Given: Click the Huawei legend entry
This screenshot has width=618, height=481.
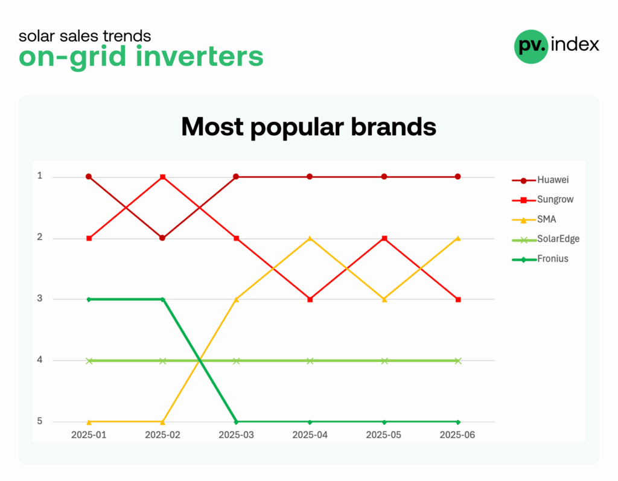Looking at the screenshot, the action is [540, 180].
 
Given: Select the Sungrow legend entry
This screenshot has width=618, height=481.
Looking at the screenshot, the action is [543, 200].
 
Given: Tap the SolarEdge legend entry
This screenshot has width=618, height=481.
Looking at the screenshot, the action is [546, 240].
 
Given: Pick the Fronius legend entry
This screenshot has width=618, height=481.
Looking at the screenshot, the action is [540, 259].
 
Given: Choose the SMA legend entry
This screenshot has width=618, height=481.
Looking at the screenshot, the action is [534, 220].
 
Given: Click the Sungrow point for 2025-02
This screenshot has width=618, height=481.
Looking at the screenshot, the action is [163, 177].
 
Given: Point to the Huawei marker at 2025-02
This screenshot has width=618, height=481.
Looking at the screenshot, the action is [162, 238].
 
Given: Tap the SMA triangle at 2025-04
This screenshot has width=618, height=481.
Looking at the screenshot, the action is [310, 238].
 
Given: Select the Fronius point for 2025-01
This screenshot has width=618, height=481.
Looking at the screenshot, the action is [89, 299].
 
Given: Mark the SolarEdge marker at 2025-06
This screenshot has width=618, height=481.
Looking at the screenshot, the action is [458, 361].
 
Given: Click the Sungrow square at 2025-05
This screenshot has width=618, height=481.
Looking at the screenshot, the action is [384, 238].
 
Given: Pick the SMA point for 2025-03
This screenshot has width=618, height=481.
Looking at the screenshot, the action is [237, 299].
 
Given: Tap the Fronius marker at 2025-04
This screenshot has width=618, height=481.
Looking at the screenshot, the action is [310, 422].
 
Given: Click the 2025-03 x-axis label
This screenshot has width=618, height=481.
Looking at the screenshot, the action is [236, 435].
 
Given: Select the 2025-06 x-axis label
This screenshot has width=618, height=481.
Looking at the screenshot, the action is [457, 435].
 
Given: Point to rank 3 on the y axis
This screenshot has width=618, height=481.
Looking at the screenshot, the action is [40, 299].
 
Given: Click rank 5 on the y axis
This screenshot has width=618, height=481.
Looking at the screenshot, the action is [40, 421].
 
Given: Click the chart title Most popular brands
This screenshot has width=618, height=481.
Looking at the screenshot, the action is [308, 127].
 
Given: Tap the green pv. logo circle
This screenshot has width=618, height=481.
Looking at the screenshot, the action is [531, 46].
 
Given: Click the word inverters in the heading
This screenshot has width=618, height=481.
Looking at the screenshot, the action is [199, 56].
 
